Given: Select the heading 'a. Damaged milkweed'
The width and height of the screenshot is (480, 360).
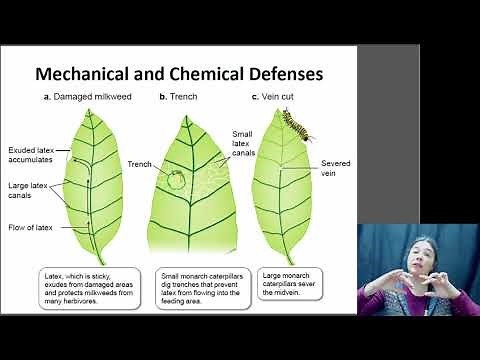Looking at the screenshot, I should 89,96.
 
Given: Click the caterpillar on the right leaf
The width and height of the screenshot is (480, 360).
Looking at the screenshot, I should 299,125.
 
